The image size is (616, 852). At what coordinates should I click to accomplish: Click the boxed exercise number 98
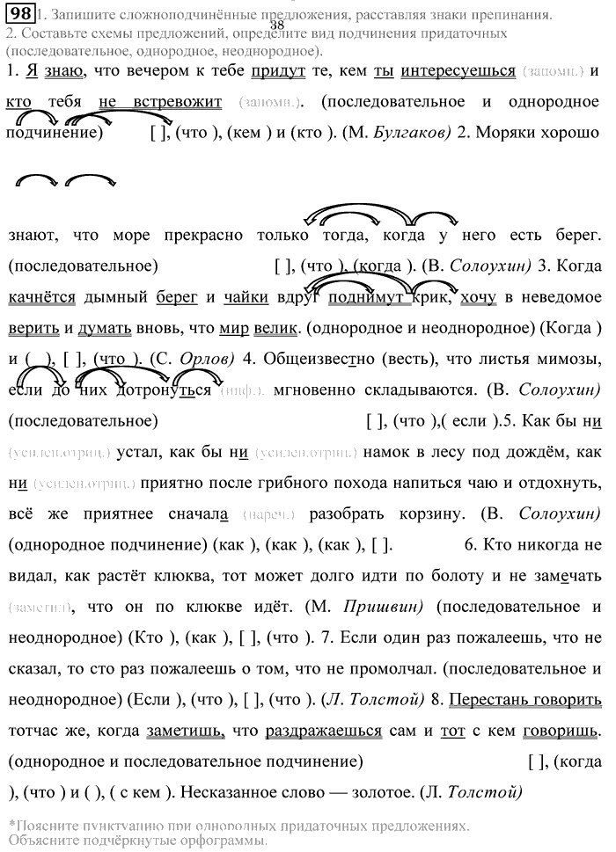18,14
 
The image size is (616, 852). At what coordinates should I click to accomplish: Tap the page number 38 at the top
277,25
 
